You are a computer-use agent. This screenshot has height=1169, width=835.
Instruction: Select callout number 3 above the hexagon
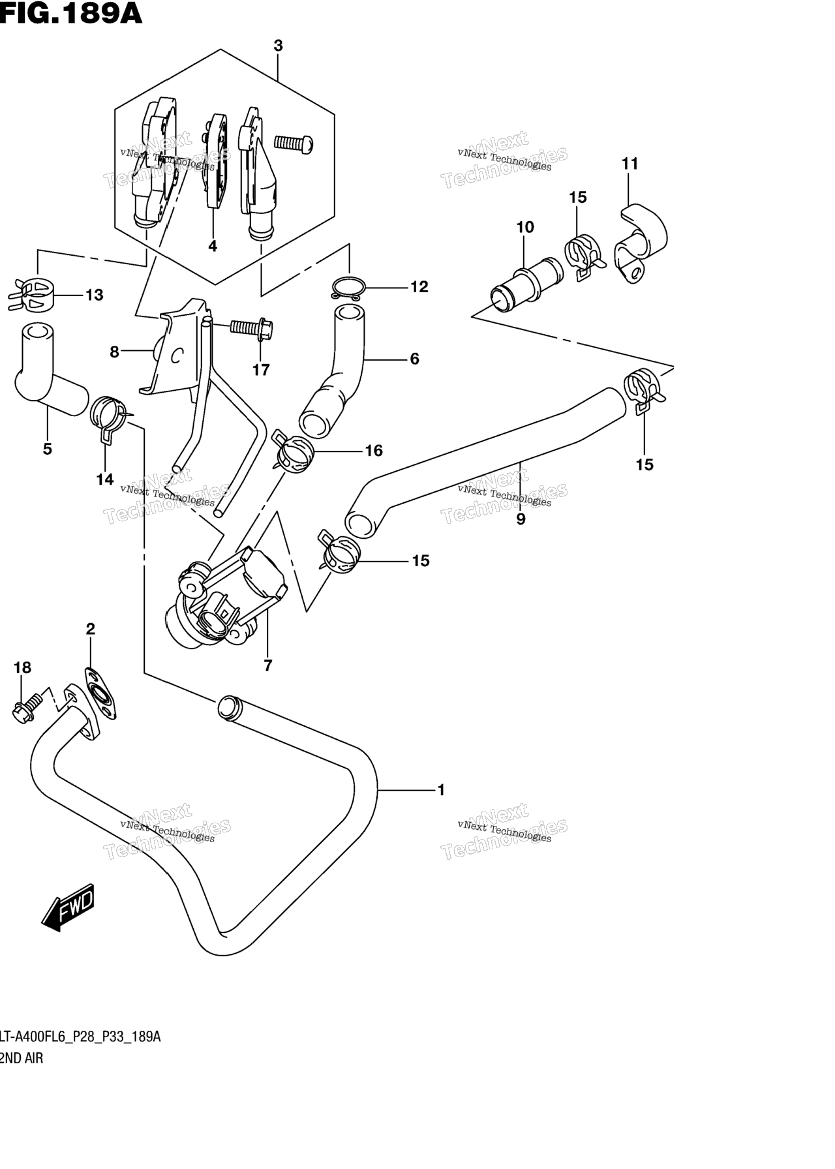278,46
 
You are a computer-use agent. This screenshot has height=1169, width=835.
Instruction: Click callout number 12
419,286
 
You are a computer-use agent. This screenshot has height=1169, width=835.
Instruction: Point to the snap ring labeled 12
348,287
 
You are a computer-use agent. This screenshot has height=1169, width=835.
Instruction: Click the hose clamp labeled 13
31,294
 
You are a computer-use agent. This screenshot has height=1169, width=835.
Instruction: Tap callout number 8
114,352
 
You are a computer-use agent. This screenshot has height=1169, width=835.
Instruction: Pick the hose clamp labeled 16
294,451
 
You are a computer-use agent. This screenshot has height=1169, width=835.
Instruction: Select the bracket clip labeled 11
641,243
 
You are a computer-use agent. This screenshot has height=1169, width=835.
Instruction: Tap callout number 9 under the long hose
521,519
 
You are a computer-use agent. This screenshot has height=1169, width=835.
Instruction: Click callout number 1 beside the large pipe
441,790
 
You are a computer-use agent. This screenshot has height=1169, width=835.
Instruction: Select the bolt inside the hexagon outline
293,144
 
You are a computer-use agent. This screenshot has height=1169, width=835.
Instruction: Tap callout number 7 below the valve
267,665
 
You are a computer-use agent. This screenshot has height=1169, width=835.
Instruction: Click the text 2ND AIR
21,1058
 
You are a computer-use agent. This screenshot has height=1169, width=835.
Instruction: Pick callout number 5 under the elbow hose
47,449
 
